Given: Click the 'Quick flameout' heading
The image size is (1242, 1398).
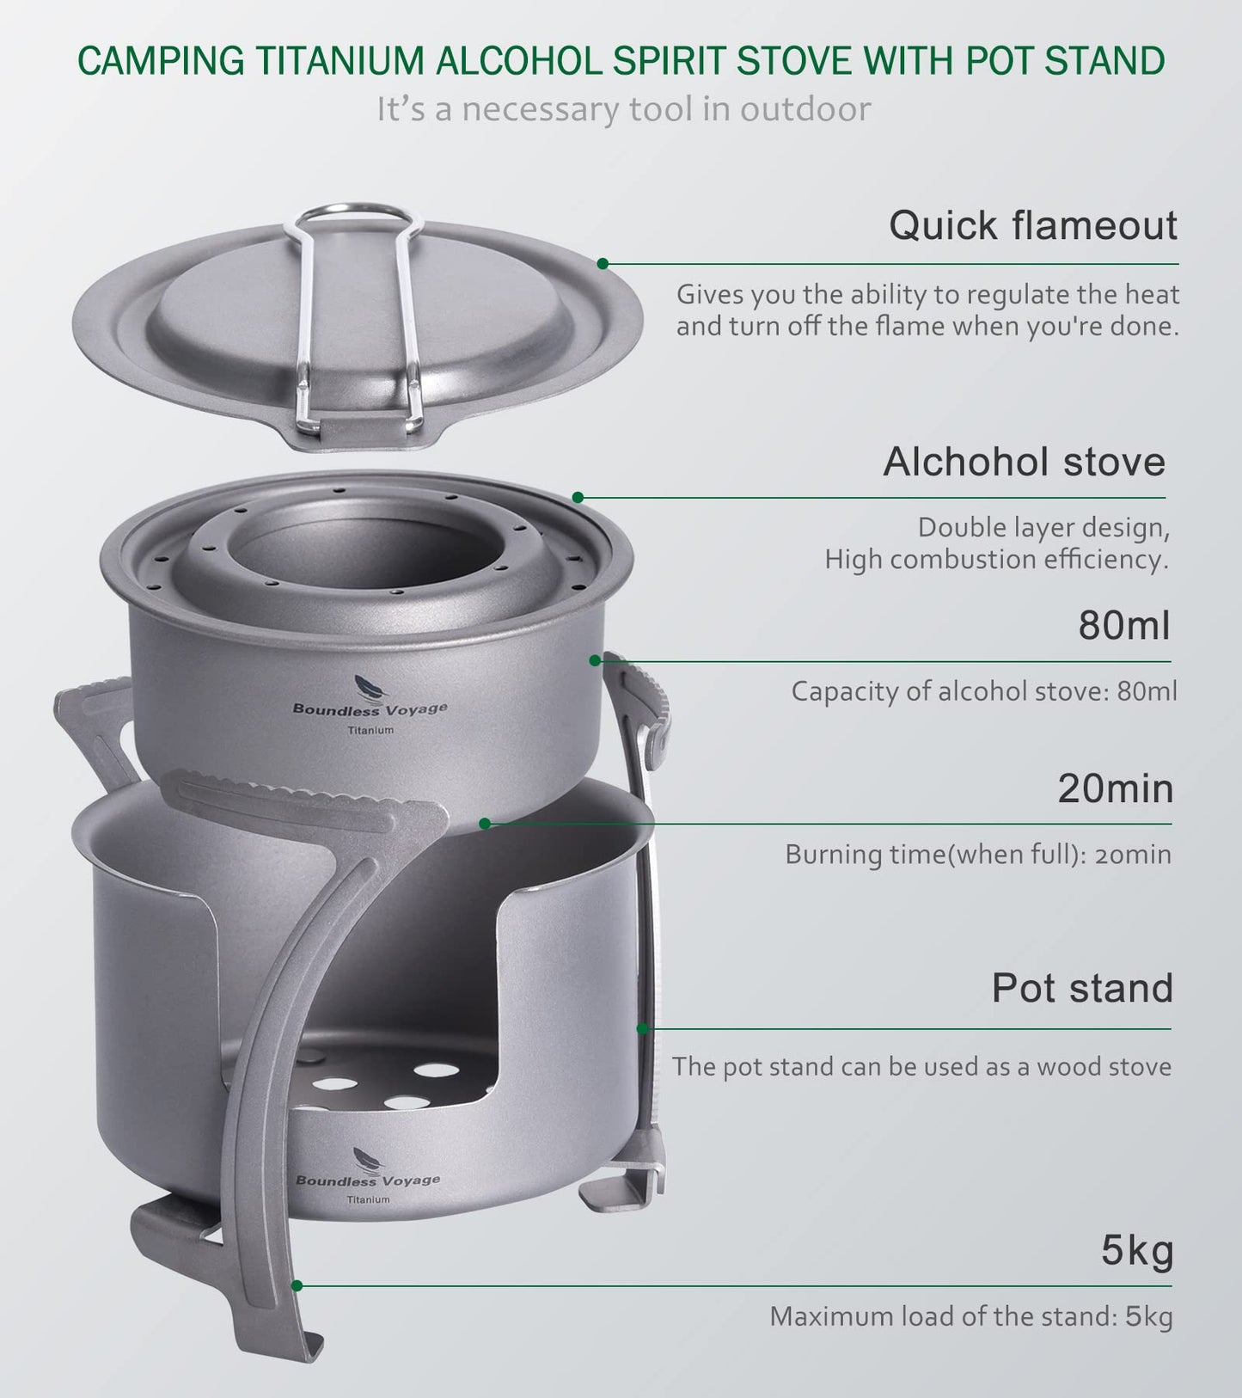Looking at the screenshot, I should click(1032, 226).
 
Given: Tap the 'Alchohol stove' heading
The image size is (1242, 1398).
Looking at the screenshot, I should click(1024, 463).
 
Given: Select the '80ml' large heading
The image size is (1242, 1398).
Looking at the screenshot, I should click(1124, 626).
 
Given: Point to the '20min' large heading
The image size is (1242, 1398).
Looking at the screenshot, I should click(1115, 788).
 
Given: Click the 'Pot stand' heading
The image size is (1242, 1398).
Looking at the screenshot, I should click(1082, 988).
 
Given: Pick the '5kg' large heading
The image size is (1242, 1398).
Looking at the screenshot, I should click(1137, 1252).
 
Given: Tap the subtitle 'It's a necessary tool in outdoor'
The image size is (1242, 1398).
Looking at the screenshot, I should click(623, 110).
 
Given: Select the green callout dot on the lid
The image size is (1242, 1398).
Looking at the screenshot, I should click(603, 263).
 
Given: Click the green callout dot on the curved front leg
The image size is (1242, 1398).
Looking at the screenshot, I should click(297, 1286).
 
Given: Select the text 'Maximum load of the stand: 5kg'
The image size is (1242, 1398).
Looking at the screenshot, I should click(970, 1316).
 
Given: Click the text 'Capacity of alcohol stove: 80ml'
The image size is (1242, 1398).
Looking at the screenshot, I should click(983, 691).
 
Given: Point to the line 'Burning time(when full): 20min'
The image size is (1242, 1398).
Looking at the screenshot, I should click(977, 855).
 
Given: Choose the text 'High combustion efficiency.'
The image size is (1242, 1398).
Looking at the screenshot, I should click(996, 560).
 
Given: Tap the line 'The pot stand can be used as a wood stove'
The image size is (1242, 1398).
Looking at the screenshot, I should click(921, 1067).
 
